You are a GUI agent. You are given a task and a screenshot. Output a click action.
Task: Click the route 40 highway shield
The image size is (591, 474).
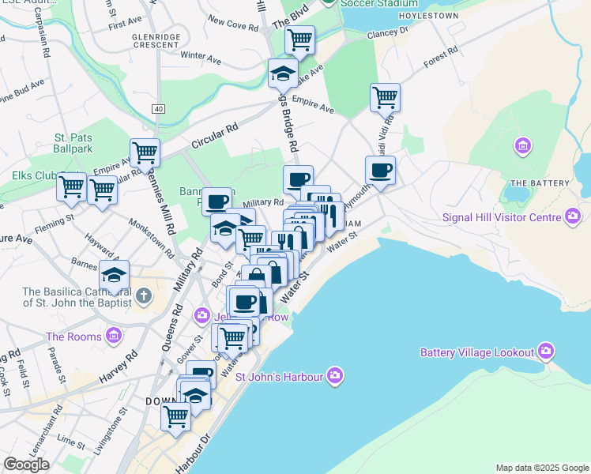[x=160, y=108]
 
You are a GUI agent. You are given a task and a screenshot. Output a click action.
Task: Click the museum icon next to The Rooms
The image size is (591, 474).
[x=114, y=337]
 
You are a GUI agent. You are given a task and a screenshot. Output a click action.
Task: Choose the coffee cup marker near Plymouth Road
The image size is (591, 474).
[x=380, y=170]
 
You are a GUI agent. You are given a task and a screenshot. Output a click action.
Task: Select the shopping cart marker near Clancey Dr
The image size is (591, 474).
[x=299, y=39]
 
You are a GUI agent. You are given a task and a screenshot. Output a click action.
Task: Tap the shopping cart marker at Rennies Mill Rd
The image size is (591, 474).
[x=145, y=152]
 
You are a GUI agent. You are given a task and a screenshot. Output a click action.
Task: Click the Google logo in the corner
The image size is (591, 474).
[x=26, y=465]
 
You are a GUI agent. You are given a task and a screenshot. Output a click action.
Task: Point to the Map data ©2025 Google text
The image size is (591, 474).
[x=541, y=468]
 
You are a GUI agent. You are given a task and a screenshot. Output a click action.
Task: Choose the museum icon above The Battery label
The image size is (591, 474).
[x=521, y=146]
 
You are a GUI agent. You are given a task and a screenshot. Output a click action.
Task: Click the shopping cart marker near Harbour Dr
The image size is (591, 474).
[x=175, y=416]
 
